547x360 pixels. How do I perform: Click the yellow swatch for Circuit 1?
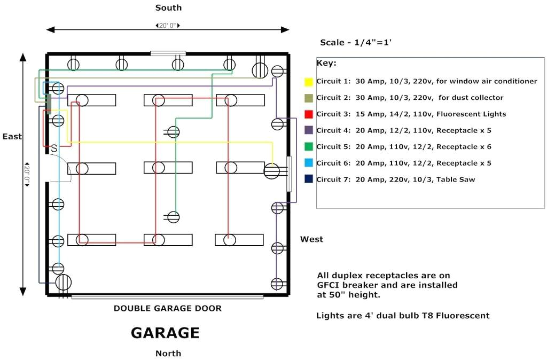(x=308, y=82)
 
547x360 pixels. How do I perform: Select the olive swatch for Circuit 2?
(x=308, y=98)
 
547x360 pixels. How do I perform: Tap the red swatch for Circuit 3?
(x=308, y=114)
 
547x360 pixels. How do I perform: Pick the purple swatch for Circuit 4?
(x=308, y=130)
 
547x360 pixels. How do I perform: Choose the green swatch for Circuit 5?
(x=308, y=146)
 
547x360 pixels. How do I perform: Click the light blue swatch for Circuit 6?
(x=308, y=163)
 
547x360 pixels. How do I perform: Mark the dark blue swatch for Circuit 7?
(x=308, y=179)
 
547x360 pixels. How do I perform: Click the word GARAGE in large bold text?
(x=165, y=333)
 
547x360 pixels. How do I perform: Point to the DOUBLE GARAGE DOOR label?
(x=167, y=308)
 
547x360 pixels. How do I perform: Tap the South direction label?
(x=168, y=7)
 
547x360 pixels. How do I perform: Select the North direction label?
(x=168, y=353)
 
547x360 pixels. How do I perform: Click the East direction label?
(x=12, y=136)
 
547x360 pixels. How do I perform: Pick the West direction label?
(x=311, y=239)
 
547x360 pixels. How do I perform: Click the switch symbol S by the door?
(x=53, y=148)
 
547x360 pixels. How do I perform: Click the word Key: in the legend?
(x=326, y=63)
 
